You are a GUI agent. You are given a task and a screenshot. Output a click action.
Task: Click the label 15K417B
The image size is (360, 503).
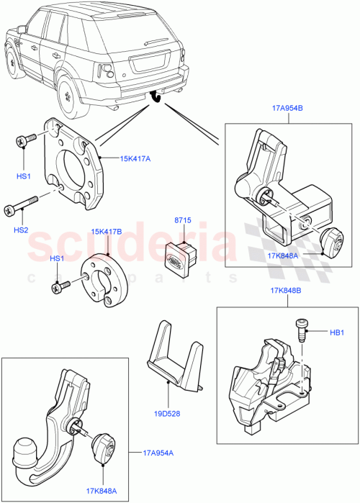coord(106,232)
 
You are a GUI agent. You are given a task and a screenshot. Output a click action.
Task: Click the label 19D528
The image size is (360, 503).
coord(166,414)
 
